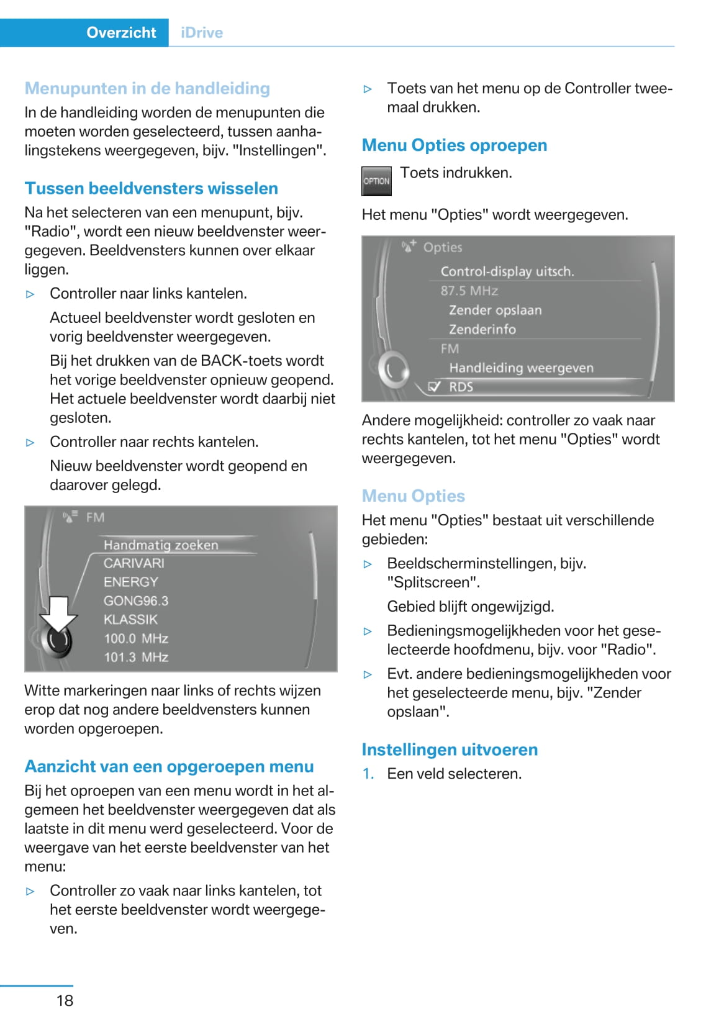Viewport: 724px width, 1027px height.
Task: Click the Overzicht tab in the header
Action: tap(121, 32)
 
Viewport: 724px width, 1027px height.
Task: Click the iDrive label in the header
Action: tap(202, 32)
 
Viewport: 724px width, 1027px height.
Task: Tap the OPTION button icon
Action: tap(376, 181)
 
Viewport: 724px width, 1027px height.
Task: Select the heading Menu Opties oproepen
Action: tap(454, 145)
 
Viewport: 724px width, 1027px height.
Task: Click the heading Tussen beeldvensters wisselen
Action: tap(151, 188)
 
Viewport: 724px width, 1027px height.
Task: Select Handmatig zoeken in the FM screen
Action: tap(161, 545)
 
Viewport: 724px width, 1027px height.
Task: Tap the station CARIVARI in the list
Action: tap(133, 563)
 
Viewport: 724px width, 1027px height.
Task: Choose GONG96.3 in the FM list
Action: tap(135, 600)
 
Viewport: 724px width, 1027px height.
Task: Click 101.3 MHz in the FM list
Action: tap(135, 657)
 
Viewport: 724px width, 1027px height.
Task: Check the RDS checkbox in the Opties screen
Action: tap(435, 387)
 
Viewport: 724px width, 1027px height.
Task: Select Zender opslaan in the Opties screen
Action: tap(495, 310)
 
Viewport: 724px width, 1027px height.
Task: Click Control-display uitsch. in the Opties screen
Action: tap(507, 271)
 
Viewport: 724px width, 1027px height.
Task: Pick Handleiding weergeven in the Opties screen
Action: tap(521, 368)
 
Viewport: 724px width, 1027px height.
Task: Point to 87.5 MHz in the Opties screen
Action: tap(469, 291)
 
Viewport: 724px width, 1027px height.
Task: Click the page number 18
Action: tap(65, 1000)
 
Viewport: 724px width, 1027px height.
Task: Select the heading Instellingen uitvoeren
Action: tap(450, 749)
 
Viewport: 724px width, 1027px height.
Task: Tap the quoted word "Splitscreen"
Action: tap(433, 582)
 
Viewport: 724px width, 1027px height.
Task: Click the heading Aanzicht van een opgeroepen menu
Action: tap(169, 766)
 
